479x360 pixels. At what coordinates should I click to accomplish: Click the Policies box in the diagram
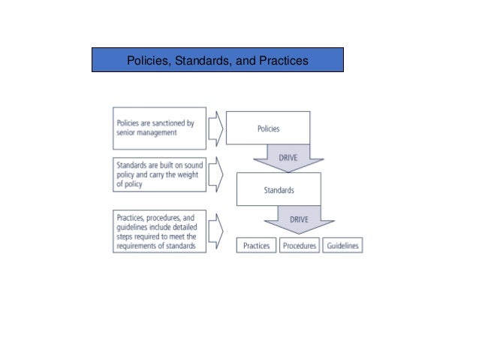click(x=268, y=128)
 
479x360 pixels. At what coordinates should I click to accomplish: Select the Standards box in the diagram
click(x=279, y=189)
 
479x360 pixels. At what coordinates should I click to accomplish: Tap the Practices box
click(x=257, y=246)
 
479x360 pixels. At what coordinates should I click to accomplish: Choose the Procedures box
click(x=299, y=246)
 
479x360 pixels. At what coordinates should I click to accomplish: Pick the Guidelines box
click(x=342, y=246)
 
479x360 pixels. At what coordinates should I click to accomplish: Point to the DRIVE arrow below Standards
click(x=299, y=221)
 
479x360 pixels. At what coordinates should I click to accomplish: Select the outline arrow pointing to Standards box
click(x=214, y=174)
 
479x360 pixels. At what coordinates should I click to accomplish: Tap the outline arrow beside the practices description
click(x=214, y=231)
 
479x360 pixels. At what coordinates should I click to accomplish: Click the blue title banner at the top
click(x=218, y=59)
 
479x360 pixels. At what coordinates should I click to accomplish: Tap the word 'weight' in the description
click(x=183, y=173)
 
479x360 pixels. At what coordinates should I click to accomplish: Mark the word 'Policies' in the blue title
click(x=149, y=59)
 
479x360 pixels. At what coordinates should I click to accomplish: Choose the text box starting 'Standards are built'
click(x=160, y=173)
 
